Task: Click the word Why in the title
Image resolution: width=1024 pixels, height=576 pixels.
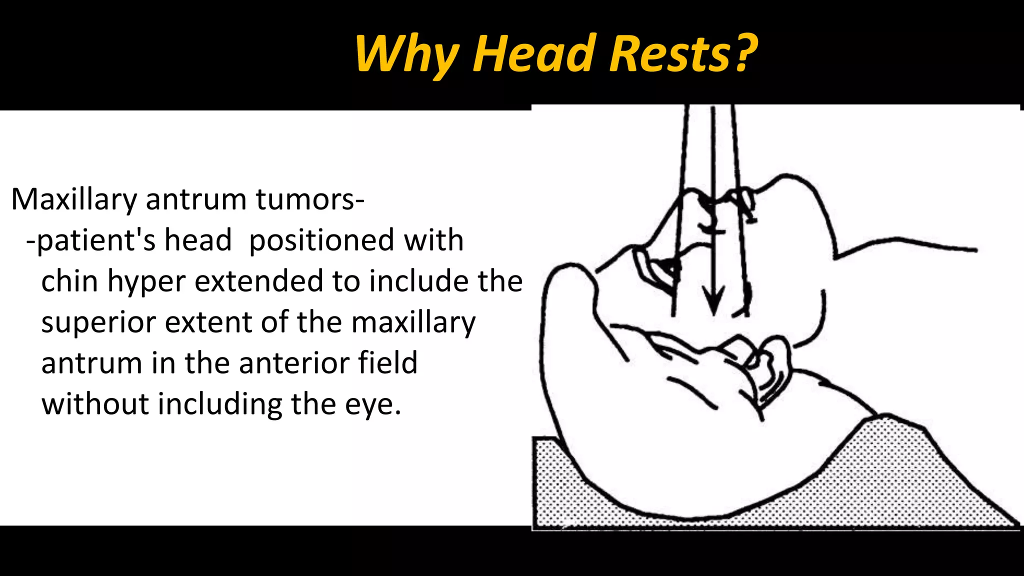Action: coord(406,54)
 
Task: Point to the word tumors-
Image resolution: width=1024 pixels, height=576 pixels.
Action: coord(310,199)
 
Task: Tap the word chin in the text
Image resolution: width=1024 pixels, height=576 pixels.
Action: coord(69,281)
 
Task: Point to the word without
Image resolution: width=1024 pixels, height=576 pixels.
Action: coord(95,403)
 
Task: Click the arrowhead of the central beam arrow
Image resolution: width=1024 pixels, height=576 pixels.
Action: coord(713,302)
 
